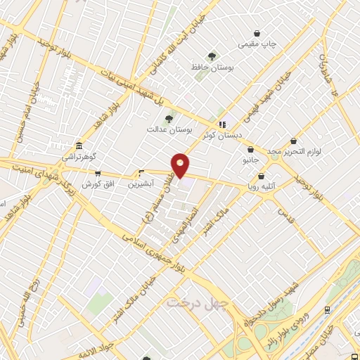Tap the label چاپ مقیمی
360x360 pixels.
coord(257,44)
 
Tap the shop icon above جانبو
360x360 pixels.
coord(251,149)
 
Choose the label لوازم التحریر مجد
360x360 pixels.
coord(293,152)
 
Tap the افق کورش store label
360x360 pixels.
coord(98,184)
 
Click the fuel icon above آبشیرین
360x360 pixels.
coord(141,172)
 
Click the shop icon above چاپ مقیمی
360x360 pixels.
coord(257,33)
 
